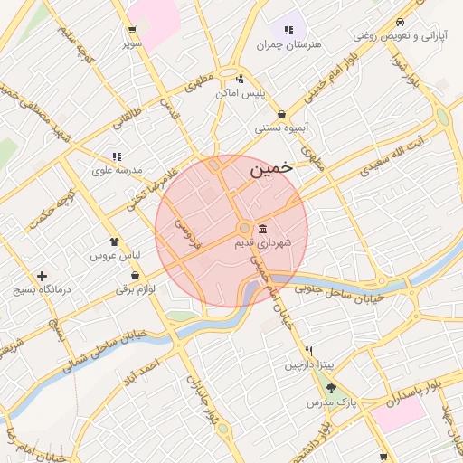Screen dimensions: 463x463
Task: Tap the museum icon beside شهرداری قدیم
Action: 262,228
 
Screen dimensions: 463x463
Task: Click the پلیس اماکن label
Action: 239,92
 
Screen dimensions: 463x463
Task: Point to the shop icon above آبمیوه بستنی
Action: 283,115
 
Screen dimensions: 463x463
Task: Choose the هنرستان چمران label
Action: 288,44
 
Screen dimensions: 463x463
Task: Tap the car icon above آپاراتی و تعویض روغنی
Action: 400,23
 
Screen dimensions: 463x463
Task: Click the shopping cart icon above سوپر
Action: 133,30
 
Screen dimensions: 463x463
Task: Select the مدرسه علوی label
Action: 117,170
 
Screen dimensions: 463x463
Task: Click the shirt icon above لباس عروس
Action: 114,241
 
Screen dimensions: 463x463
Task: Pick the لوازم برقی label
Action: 135,289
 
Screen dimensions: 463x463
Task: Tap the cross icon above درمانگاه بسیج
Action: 42,276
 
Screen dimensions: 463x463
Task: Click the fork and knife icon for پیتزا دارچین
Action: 309,351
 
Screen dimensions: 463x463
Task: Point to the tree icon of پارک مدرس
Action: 332,388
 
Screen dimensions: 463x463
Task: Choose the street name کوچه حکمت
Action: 52,209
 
